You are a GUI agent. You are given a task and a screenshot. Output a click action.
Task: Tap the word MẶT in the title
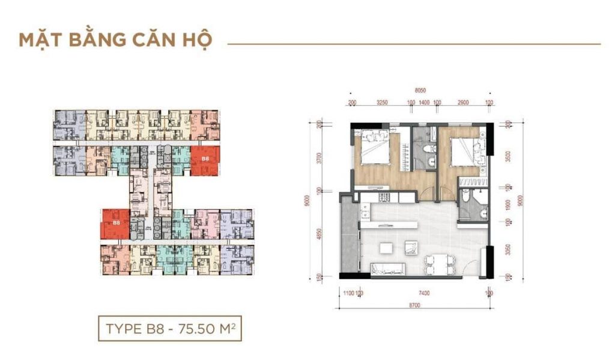click(x=41, y=40)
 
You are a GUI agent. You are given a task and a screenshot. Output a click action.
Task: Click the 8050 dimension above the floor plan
click(x=420, y=90)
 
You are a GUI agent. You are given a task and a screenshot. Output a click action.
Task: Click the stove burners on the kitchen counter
click(x=383, y=197)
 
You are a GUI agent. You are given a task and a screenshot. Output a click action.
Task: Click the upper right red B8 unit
click(x=205, y=160)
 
